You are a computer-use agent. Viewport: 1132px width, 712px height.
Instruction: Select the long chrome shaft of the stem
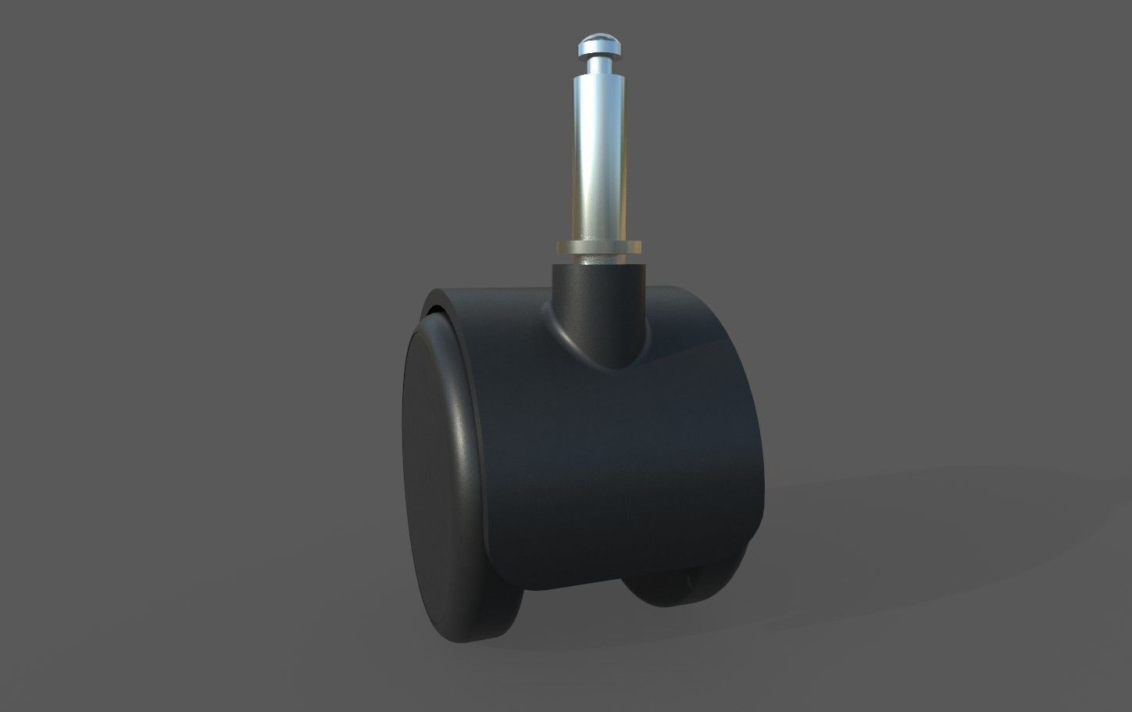click(x=599, y=156)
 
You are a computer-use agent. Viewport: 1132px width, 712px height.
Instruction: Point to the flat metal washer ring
click(x=599, y=247)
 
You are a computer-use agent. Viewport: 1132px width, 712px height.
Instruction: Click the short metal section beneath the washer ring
click(x=599, y=258)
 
